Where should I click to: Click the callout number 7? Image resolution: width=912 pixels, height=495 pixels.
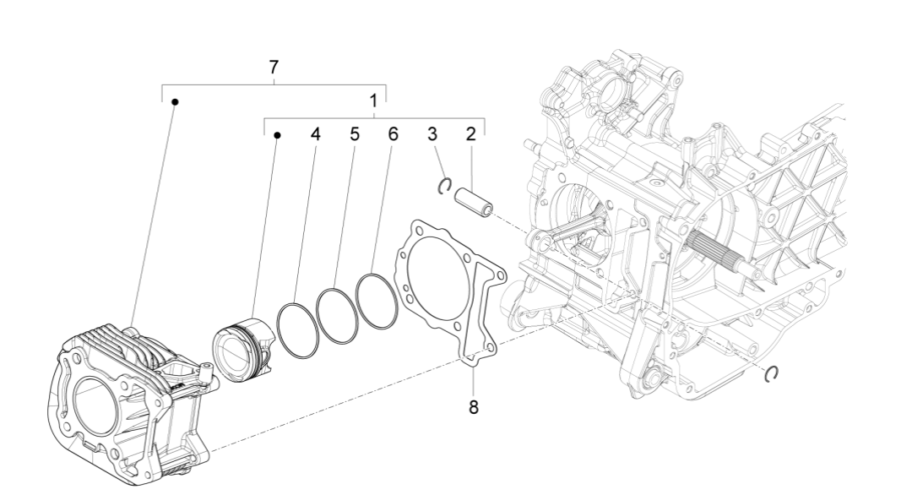coord(273,68)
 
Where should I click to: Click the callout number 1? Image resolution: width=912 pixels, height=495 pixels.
coord(373,101)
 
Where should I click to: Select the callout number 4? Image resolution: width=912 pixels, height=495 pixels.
coord(315,133)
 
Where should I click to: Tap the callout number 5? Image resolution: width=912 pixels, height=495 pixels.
coord(355,133)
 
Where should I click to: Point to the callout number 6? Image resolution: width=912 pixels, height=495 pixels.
coord(393,133)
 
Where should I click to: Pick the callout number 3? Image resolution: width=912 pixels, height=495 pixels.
coord(432,133)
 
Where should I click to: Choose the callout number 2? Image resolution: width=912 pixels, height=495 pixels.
coord(470,133)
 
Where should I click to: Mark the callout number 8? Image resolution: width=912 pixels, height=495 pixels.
coord(473,407)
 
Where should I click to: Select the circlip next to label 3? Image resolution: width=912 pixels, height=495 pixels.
coord(443,186)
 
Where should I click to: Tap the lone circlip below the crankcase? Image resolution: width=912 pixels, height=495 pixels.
coord(769,374)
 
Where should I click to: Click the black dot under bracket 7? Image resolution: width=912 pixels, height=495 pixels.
coord(175,102)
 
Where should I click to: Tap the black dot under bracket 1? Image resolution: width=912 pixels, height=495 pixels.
coord(277,134)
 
